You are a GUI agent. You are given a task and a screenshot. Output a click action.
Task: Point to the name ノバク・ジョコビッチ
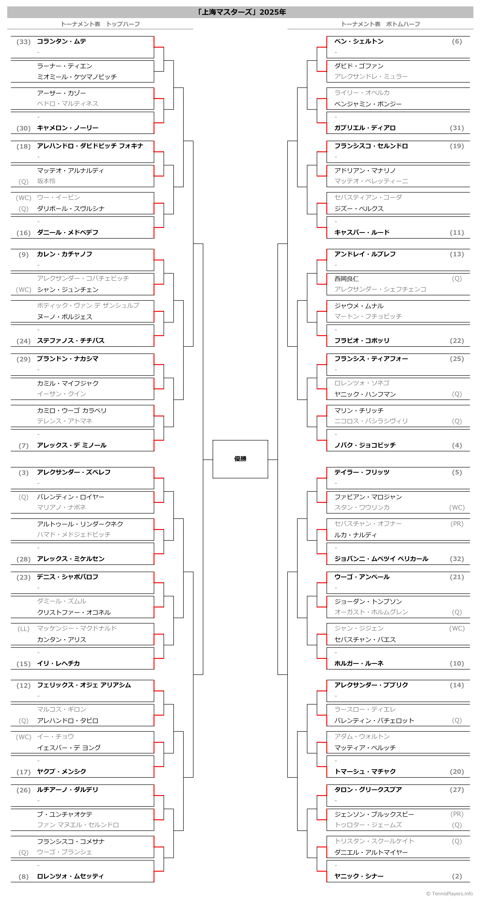click(365, 445)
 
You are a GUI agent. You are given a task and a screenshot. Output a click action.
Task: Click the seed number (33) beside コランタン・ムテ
click(23, 42)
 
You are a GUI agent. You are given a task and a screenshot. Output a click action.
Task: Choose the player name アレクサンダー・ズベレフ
click(74, 472)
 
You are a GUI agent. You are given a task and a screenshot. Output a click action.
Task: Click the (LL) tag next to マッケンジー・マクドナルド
click(23, 629)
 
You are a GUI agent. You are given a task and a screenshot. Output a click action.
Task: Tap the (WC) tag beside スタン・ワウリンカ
click(457, 508)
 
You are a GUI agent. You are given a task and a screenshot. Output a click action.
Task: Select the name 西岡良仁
click(346, 279)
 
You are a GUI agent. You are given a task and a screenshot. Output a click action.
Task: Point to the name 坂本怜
click(46, 181)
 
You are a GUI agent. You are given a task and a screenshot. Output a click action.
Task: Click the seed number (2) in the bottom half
click(457, 876)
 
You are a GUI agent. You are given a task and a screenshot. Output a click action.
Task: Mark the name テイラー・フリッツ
click(362, 472)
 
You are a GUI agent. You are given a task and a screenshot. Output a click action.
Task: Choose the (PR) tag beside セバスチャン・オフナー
click(457, 524)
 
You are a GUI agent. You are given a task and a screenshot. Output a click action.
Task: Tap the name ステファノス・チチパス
click(71, 341)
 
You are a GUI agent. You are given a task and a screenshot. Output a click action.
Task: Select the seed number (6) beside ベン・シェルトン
click(457, 42)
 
